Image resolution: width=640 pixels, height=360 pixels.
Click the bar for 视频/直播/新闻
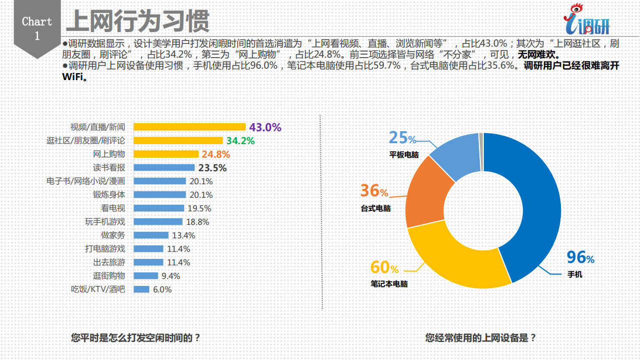pos(189,127)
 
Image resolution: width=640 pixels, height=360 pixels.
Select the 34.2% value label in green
pos(240,141)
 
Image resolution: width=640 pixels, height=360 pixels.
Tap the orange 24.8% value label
pos(216,154)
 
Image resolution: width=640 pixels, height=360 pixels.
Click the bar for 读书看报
pos(164,168)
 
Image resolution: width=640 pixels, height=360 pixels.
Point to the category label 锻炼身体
pos(109,195)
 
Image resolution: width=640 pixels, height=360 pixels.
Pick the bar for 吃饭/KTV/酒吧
pos(141,289)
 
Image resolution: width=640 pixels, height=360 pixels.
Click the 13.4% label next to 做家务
pos(184,235)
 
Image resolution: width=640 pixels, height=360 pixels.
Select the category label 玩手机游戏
pos(105,222)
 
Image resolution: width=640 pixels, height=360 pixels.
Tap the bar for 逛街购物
pos(146,276)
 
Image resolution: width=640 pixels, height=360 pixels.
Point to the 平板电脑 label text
pos(404,155)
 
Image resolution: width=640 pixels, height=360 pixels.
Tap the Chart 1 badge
pos(37,28)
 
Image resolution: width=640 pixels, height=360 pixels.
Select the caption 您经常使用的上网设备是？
pos(480,338)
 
